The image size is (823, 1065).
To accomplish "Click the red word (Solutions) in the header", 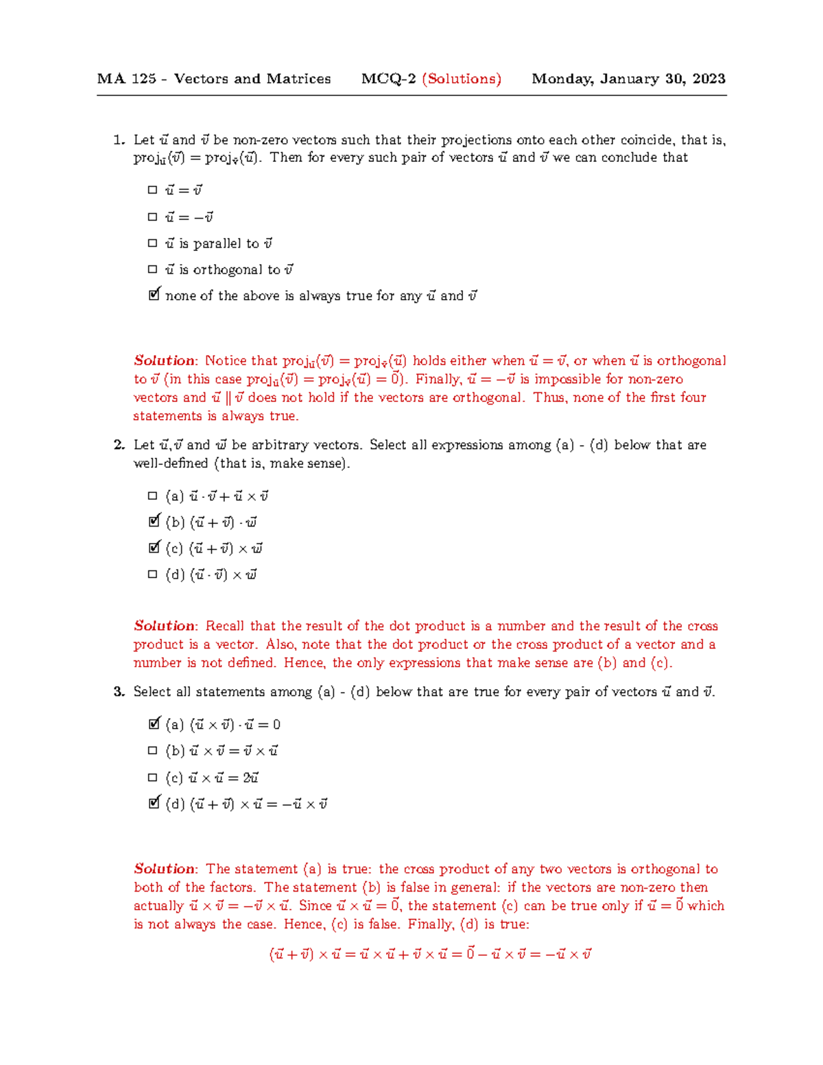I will point(462,79).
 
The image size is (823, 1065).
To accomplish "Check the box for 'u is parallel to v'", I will point(152,243).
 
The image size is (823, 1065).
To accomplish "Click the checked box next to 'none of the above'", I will point(154,295).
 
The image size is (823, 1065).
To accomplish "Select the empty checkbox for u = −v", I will point(152,217).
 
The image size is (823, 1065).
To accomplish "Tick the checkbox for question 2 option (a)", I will point(152,496).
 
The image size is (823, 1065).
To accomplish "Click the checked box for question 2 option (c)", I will point(154,548).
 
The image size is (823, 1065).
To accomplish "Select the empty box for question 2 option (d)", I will point(152,575).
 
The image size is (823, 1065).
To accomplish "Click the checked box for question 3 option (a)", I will point(154,723).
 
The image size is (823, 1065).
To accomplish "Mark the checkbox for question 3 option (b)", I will point(152,751).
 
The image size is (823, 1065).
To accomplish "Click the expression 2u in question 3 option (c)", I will point(250,778).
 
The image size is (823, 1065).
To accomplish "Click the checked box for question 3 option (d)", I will point(154,802).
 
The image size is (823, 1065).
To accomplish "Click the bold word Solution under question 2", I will point(165,626).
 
